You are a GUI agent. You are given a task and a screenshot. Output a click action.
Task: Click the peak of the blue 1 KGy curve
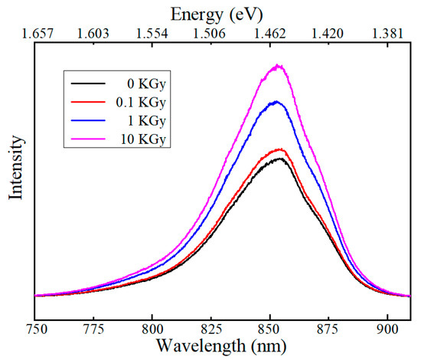pyautogui.click(x=276, y=101)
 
